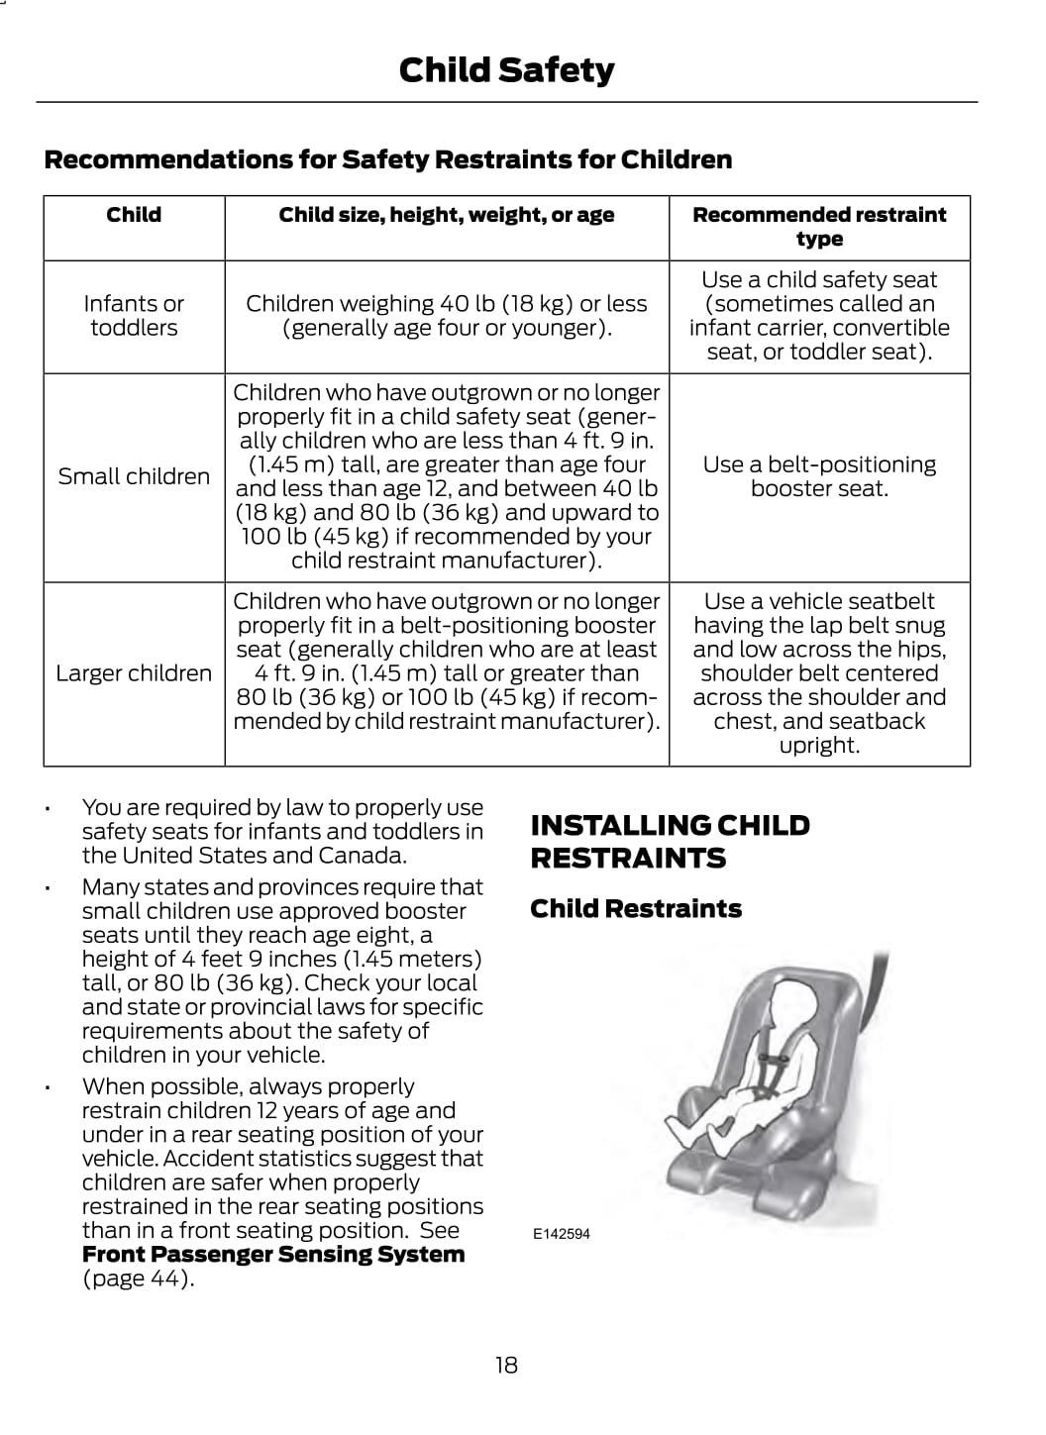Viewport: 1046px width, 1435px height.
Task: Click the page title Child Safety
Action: tap(506, 70)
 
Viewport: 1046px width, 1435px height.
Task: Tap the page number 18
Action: tap(506, 1365)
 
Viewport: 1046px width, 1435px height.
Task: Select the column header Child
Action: tap(134, 215)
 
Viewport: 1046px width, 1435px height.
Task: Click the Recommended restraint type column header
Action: tap(819, 227)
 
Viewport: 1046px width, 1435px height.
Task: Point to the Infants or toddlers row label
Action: tap(134, 316)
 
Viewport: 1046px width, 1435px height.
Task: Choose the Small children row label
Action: tap(134, 476)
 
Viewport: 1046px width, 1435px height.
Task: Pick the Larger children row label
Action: tap(134, 673)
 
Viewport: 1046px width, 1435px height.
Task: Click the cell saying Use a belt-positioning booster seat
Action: tap(819, 476)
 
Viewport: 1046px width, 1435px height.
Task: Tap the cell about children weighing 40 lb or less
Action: tap(447, 316)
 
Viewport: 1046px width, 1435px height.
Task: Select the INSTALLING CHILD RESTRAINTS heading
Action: tap(670, 841)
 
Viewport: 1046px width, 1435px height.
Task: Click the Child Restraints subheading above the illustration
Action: tap(636, 909)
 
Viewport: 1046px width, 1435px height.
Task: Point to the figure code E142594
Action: tap(561, 1234)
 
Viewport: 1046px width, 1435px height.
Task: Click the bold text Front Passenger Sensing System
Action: tap(273, 1255)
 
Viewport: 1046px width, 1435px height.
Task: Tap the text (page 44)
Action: tap(138, 1279)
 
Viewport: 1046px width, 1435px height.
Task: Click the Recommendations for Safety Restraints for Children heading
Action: tap(388, 159)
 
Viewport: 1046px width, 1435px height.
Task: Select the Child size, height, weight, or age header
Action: tap(447, 215)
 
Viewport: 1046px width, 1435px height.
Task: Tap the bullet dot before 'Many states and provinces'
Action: tap(48, 888)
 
